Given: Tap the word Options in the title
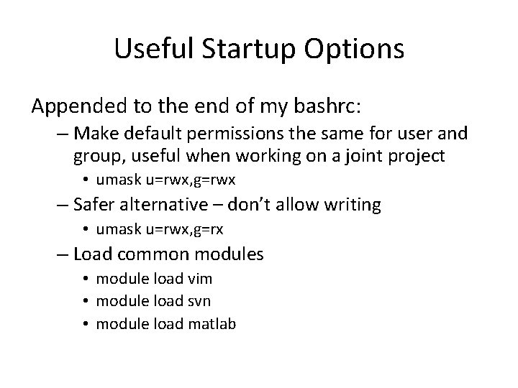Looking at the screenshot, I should (x=354, y=50).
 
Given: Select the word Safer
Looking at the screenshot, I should (x=96, y=205).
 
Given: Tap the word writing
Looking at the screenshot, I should (x=355, y=205).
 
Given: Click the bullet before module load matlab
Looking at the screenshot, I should (x=85, y=324).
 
